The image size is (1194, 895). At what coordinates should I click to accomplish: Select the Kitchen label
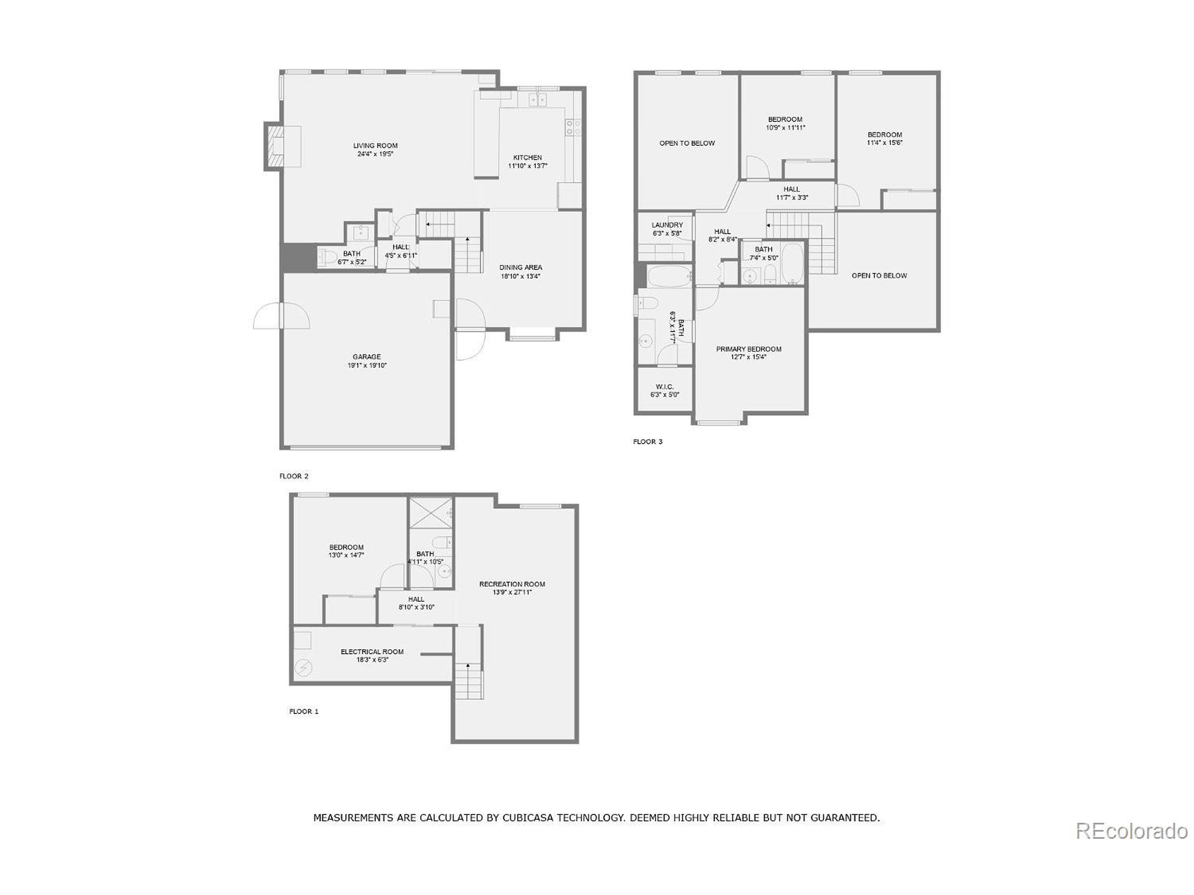coord(528,158)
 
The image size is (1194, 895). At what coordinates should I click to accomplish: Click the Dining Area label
coord(521,268)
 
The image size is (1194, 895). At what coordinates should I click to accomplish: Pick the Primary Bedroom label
coord(748,349)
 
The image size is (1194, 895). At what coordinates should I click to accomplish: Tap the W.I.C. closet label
coord(665,387)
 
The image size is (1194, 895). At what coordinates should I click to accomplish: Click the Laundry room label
coord(667,225)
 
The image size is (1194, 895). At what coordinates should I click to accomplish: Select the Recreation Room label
coord(512,584)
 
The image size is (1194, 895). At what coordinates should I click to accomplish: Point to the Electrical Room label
coord(372,652)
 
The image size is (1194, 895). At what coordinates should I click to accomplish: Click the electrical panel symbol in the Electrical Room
coord(303,668)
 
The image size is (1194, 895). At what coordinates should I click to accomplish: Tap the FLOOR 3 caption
coord(647,442)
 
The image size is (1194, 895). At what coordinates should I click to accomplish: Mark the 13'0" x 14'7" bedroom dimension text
coord(346,555)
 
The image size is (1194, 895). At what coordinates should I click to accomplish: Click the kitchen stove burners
coord(573,127)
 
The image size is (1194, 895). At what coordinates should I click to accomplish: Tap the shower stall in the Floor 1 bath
coord(430,512)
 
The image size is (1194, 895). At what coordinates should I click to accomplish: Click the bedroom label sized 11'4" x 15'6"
coord(885,135)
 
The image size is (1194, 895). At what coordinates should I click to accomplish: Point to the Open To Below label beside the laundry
coord(687,144)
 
